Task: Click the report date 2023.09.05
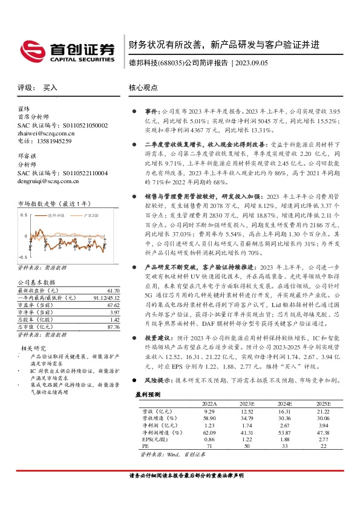click(254, 62)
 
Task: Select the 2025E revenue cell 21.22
click(323, 410)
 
